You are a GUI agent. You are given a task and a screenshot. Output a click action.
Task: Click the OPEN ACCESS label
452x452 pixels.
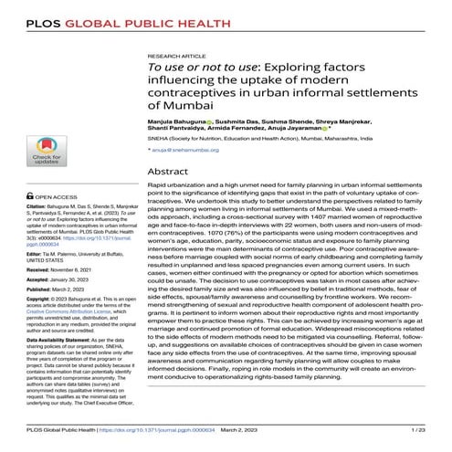[59, 196]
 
